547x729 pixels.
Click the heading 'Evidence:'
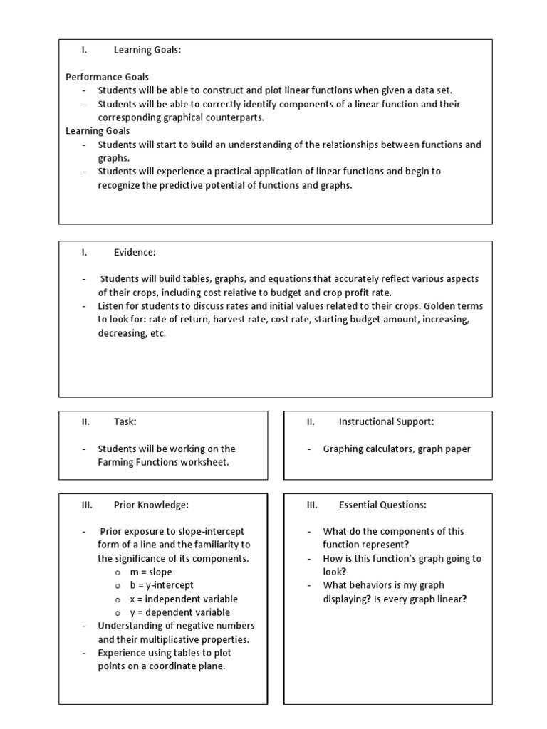click(x=135, y=252)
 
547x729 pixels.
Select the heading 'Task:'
click(x=125, y=421)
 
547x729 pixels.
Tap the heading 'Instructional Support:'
click(x=386, y=421)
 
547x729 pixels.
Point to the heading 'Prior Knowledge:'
click(x=151, y=505)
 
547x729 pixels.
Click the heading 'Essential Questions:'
click(x=382, y=505)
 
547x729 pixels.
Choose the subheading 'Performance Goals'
click(x=108, y=77)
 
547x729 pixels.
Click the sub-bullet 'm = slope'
click(x=151, y=572)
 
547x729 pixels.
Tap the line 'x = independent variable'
click(x=184, y=599)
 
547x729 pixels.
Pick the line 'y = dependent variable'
click(x=179, y=612)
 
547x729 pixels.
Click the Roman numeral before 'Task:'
click(x=85, y=421)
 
